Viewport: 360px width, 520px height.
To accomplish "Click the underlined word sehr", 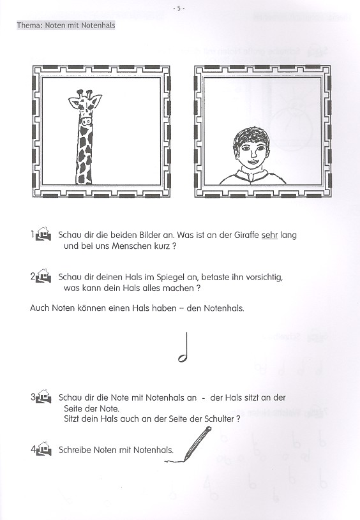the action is pyautogui.click(x=270, y=235).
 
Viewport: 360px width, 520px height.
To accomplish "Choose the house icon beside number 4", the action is pyautogui.click(x=43, y=450).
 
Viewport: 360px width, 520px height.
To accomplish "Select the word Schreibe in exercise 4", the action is pyautogui.click(x=74, y=450).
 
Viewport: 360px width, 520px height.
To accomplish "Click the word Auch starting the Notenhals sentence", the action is pyautogui.click(x=39, y=308).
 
